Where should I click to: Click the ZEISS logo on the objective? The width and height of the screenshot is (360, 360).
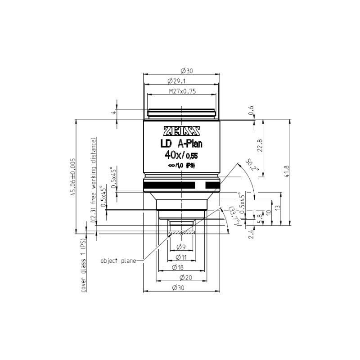[182, 131]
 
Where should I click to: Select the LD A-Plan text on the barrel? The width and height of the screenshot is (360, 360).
[182, 144]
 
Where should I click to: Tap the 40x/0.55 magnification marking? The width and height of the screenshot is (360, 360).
[182, 156]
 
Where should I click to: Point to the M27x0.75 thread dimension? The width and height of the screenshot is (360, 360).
[182, 91]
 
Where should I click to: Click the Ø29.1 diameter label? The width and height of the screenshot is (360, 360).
[182, 81]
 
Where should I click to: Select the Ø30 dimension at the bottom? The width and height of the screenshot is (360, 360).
[182, 288]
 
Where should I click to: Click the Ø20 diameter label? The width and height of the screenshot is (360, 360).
[182, 278]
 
